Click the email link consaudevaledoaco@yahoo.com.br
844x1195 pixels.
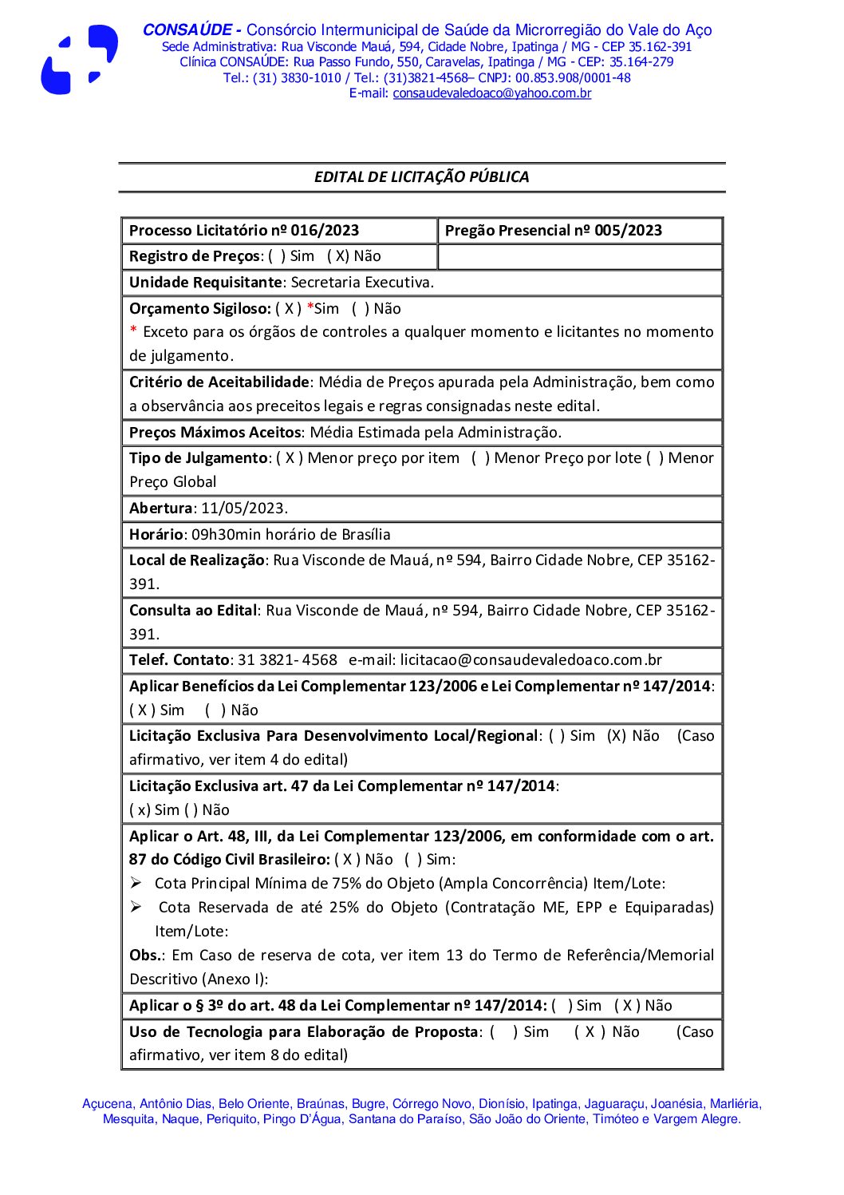pos(491,93)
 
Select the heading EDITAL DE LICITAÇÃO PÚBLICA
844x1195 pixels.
pos(421,177)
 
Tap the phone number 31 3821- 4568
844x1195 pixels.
pos(287,660)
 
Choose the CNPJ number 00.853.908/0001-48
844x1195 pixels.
pos(573,78)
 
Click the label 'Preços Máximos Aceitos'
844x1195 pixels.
pos(215,433)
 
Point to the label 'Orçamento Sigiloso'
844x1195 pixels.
pos(199,309)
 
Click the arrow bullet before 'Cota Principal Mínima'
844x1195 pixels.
pos(136,883)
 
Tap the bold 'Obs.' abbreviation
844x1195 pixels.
pos(147,956)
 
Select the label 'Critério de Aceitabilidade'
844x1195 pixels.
pos(219,382)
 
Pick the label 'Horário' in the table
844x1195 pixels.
pos(157,535)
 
